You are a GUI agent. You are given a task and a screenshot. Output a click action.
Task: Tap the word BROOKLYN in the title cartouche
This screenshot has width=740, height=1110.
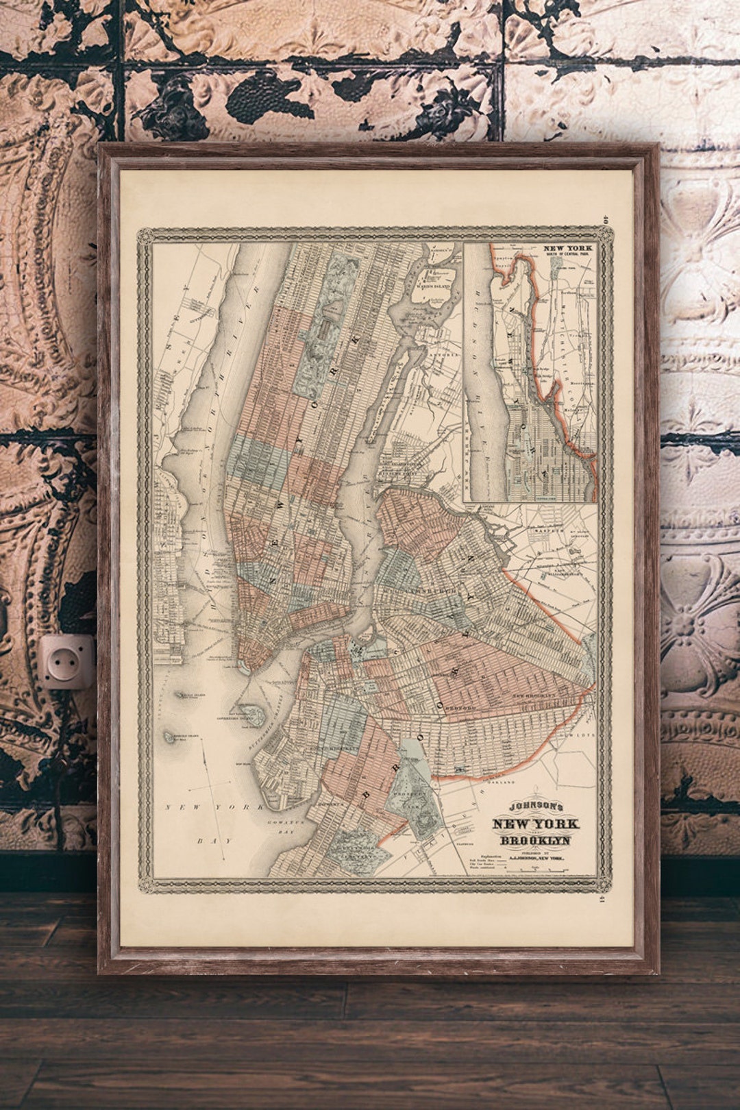coord(534,841)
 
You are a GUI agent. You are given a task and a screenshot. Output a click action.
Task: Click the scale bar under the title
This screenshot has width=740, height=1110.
coord(541,869)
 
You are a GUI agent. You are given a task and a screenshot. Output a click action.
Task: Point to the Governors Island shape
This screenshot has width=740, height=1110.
coord(251,715)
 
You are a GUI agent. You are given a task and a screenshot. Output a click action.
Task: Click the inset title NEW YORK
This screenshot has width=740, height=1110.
coord(568,249)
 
